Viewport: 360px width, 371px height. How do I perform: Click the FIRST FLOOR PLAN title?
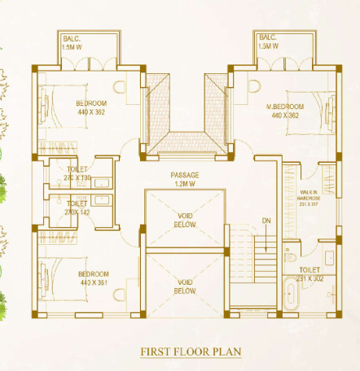tap(191, 351)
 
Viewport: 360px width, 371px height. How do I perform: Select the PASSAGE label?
tap(185, 176)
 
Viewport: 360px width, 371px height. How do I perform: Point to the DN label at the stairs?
tap(266, 220)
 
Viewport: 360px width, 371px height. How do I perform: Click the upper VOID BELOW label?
tap(185, 220)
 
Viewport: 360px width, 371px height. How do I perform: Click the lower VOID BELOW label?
tap(185, 286)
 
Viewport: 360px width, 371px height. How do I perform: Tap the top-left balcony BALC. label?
tap(72, 41)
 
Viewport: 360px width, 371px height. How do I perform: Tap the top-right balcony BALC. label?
tap(268, 41)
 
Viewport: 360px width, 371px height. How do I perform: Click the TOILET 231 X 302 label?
tap(310, 273)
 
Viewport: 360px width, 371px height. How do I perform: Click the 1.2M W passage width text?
tap(185, 184)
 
